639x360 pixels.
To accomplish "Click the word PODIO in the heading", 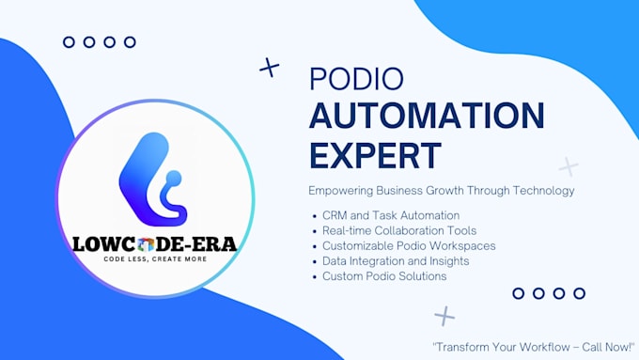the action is (356, 78).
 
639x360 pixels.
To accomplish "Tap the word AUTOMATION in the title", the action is (427, 116).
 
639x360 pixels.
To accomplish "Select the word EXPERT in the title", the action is (375, 155).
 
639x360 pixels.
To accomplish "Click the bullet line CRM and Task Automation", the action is (391, 215).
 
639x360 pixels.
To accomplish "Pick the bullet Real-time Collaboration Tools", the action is (399, 231).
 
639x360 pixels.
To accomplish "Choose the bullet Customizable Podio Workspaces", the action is (409, 246).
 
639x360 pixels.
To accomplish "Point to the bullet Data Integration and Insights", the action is (396, 261).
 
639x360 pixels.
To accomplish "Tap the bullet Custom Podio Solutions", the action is (384, 276).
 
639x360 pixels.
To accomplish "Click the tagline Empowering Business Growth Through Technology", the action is (442, 191).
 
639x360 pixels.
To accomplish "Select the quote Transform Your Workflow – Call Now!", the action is (534, 347).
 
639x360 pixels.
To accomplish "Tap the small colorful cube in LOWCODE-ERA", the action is (146, 244).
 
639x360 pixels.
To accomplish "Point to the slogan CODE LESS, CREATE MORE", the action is (155, 258).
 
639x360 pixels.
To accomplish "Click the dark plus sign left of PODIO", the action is (270, 68).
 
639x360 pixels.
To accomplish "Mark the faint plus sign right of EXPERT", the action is (569, 166).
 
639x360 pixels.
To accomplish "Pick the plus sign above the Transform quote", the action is (444, 316).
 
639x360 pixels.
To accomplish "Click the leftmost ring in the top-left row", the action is (69, 42).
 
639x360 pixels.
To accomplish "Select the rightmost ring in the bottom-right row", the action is (579, 293).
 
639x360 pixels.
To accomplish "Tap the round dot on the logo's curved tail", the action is (174, 179).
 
